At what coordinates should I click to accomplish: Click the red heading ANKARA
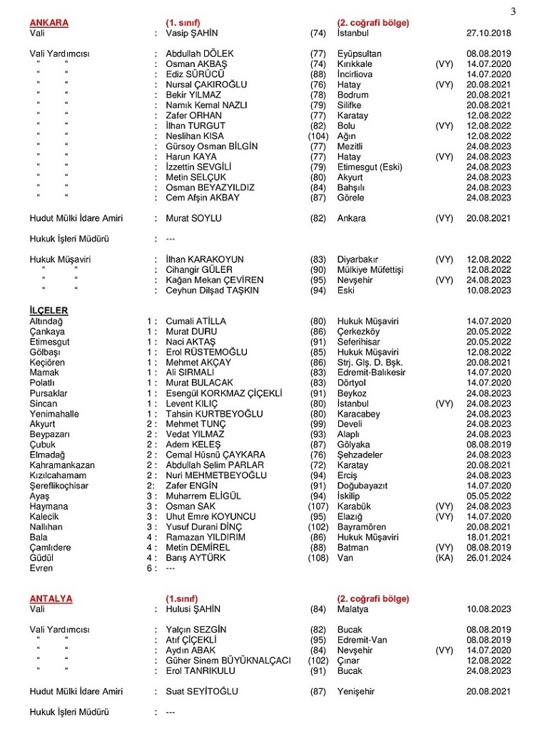(x=49, y=23)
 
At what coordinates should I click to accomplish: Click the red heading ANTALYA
(x=51, y=598)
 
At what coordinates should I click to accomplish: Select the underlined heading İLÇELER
(x=49, y=311)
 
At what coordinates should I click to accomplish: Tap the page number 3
(x=513, y=10)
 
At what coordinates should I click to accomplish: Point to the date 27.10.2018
(x=489, y=33)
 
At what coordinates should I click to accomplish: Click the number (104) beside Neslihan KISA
(x=318, y=136)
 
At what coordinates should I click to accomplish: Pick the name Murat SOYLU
(x=193, y=218)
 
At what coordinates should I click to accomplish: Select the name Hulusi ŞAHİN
(x=193, y=609)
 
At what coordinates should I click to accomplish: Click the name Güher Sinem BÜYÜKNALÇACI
(x=228, y=660)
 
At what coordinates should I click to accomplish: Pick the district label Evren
(x=41, y=568)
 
